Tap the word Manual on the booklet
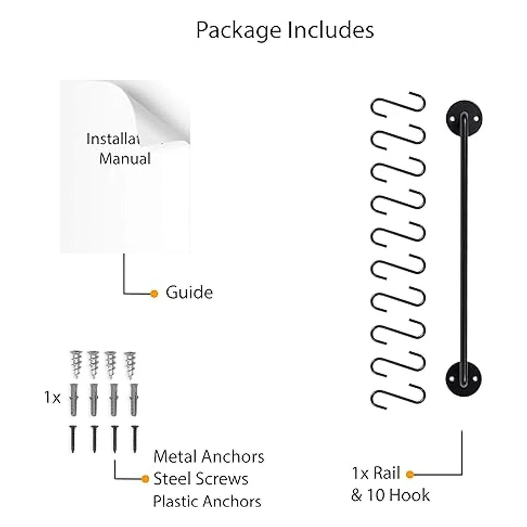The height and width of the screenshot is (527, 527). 125,158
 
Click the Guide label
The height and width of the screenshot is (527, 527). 189,292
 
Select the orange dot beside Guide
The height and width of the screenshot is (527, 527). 154,293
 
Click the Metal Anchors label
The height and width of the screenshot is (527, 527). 209,457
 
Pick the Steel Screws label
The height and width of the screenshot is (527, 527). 201,479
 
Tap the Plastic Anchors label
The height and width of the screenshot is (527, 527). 207,501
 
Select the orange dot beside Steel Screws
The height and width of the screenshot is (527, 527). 144,479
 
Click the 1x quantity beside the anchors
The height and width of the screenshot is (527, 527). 52,398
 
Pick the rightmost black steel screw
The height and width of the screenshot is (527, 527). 135,439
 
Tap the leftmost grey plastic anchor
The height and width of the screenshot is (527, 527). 74,400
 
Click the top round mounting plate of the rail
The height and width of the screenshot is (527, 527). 464,119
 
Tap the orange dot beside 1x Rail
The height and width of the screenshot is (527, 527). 410,474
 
